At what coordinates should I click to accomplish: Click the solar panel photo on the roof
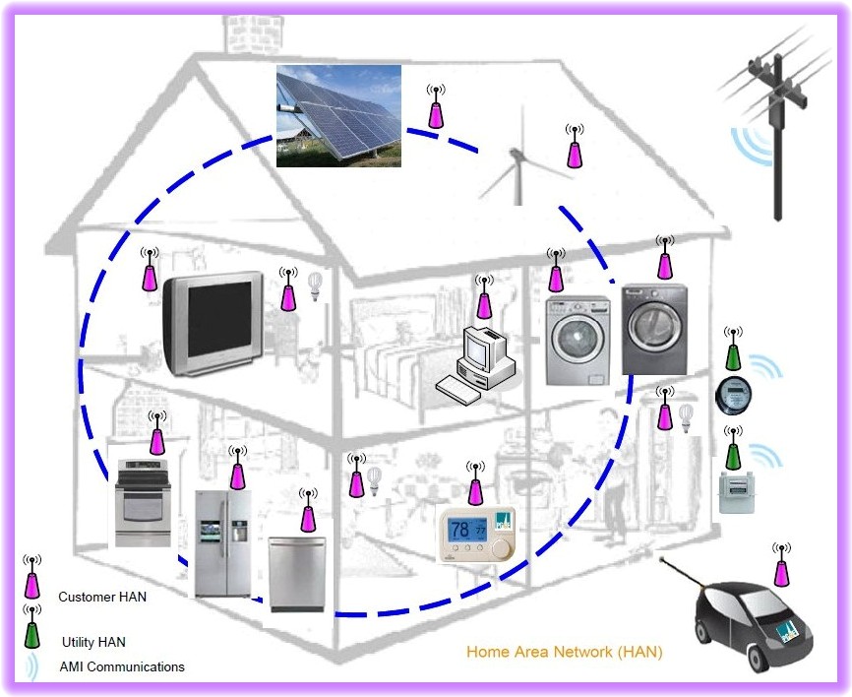338,114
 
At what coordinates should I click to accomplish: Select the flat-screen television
213,324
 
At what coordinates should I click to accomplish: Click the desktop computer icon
478,362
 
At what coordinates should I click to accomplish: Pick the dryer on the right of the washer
654,330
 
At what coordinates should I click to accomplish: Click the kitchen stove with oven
144,502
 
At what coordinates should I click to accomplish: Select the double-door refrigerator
224,543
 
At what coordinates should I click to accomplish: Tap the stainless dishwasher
298,573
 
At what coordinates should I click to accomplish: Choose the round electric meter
732,395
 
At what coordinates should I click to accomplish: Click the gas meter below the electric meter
734,491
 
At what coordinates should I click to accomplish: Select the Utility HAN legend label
93,642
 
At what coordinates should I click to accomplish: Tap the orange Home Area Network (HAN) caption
564,652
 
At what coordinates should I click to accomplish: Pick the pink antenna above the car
782,567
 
